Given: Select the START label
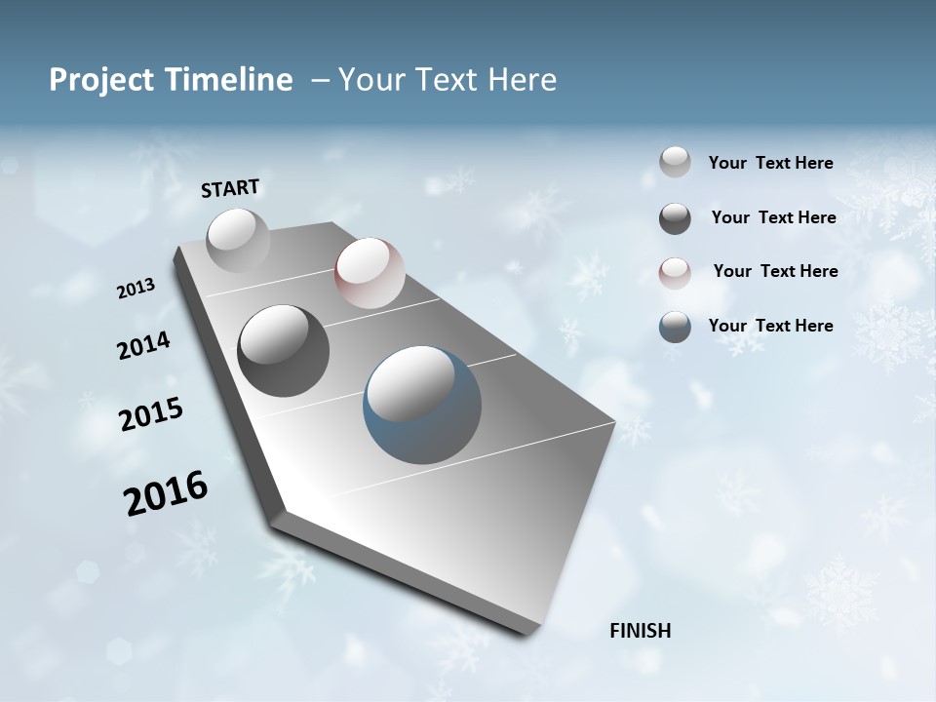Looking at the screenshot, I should click(230, 188).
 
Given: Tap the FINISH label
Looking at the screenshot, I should click(641, 631).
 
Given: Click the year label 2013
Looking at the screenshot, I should click(136, 289).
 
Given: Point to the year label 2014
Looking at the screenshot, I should click(144, 346).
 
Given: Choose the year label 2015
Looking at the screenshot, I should click(151, 414).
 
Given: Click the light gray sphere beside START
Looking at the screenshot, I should click(238, 240).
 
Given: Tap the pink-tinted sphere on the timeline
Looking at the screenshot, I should click(370, 272).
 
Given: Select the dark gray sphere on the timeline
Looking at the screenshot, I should click(284, 351).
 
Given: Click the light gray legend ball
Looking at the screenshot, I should click(675, 162).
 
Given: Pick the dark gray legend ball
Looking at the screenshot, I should click(675, 218).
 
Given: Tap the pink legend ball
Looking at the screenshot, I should click(675, 273).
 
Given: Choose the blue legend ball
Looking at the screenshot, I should click(675, 327).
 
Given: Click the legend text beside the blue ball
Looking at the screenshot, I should click(770, 326).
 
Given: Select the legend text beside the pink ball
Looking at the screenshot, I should click(775, 271).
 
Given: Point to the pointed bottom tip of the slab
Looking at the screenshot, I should click(526, 631).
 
